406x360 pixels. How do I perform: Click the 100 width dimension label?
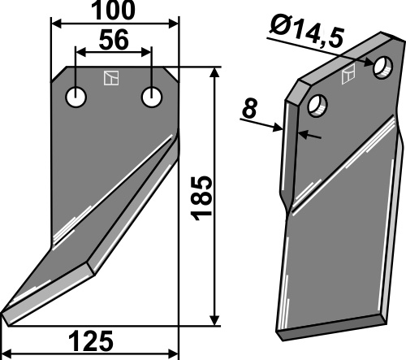click(113, 11)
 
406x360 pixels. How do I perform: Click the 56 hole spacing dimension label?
click(114, 40)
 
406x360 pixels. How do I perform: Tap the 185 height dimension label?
click(201, 198)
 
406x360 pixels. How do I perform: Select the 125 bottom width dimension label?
click(91, 341)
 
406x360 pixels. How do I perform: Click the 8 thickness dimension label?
click(249, 109)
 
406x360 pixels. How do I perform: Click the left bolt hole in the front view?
click(76, 97)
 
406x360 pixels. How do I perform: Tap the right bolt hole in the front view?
click(152, 97)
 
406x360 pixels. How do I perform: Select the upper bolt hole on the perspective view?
click(382, 67)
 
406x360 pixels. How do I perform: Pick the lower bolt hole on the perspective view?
click(317, 106)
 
